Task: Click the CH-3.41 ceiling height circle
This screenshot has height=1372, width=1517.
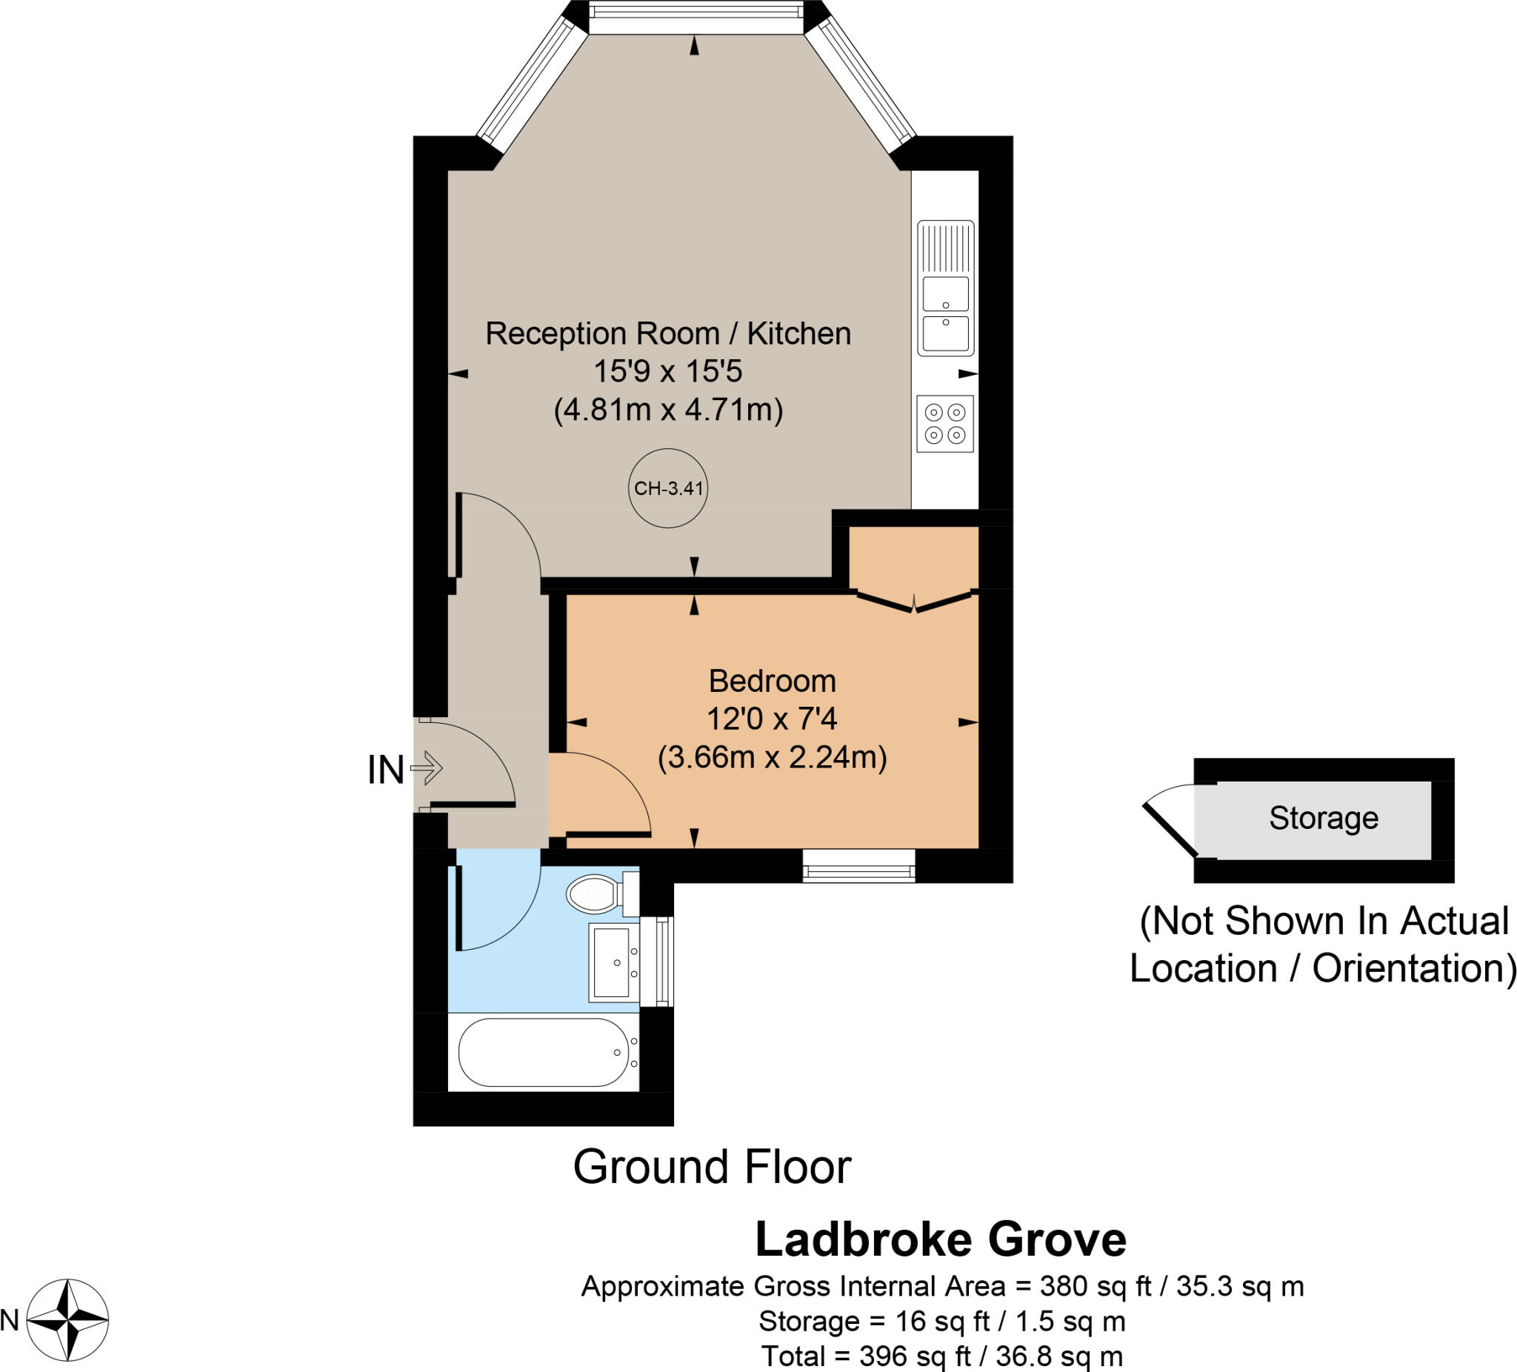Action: [668, 487]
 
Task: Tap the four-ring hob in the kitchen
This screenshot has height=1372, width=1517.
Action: [945, 424]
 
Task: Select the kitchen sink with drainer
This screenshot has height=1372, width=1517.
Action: [946, 287]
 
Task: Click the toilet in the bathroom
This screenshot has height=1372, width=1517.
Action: [595, 893]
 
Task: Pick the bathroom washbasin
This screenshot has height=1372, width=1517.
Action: [613, 962]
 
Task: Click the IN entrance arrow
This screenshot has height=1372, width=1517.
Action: [427, 768]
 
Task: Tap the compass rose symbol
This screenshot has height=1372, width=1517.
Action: [67, 1319]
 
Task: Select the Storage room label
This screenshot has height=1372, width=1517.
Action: [1324, 818]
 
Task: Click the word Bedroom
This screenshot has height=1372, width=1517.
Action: [772, 681]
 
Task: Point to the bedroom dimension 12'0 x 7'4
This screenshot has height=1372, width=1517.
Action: [772, 719]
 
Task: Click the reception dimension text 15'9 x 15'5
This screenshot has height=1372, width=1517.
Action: [667, 371]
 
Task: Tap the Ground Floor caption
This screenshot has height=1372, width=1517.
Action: [712, 1168]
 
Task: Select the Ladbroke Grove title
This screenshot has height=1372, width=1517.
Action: [940, 1239]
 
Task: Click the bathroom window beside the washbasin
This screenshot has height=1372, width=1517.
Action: [662, 961]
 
